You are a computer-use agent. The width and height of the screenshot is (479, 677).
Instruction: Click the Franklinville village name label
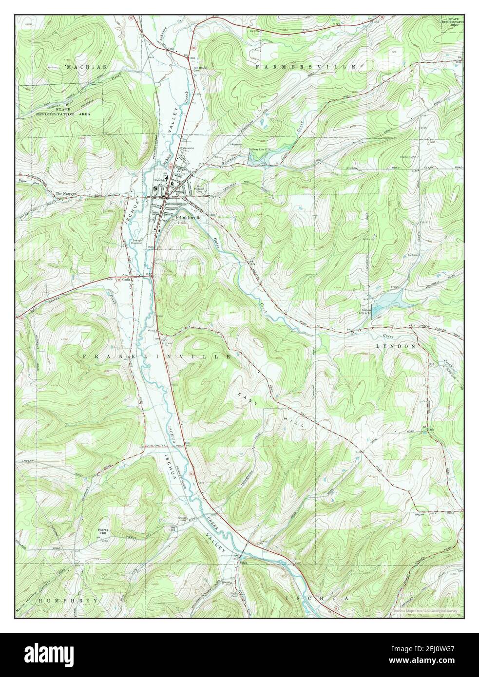click(188, 218)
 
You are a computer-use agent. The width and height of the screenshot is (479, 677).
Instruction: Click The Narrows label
click(66, 193)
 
